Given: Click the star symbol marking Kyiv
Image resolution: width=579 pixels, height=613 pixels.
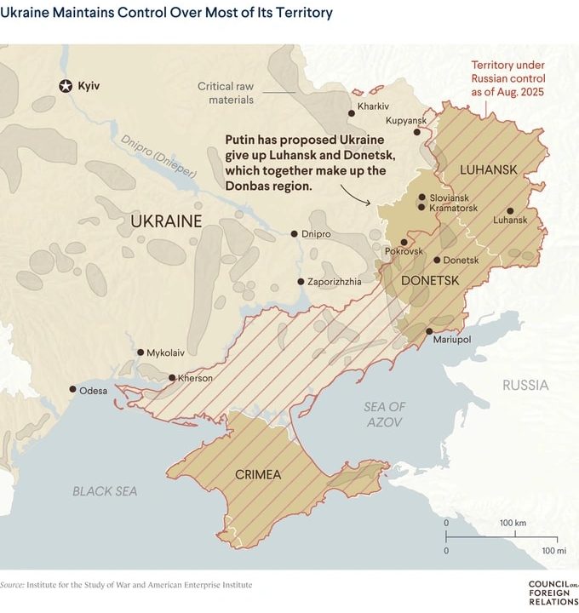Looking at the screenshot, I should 66,85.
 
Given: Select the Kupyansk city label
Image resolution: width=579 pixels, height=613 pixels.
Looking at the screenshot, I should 405,121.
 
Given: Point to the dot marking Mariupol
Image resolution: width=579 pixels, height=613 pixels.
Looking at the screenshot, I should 429,331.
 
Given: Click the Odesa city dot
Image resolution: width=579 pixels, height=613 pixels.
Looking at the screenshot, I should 72,389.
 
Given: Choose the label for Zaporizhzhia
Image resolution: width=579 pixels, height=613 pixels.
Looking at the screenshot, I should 335,281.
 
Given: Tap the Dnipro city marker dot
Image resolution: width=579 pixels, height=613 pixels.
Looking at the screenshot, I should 295,233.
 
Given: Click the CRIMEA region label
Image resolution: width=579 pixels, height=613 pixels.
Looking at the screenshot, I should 257,474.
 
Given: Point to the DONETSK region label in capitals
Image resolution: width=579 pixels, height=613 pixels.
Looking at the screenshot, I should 430,280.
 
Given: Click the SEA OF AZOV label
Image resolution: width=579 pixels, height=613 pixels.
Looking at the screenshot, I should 385,414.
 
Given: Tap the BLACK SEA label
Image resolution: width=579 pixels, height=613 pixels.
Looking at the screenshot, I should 105,490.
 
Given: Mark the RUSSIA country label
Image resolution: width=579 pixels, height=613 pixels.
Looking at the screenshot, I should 525,385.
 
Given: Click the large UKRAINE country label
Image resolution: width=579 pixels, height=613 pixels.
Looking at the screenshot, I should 166,222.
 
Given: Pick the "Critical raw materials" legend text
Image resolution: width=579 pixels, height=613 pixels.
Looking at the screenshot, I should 226,93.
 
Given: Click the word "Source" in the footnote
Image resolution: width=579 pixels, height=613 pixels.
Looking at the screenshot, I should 11,585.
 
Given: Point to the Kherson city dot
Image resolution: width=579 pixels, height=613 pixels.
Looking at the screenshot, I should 171,377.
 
